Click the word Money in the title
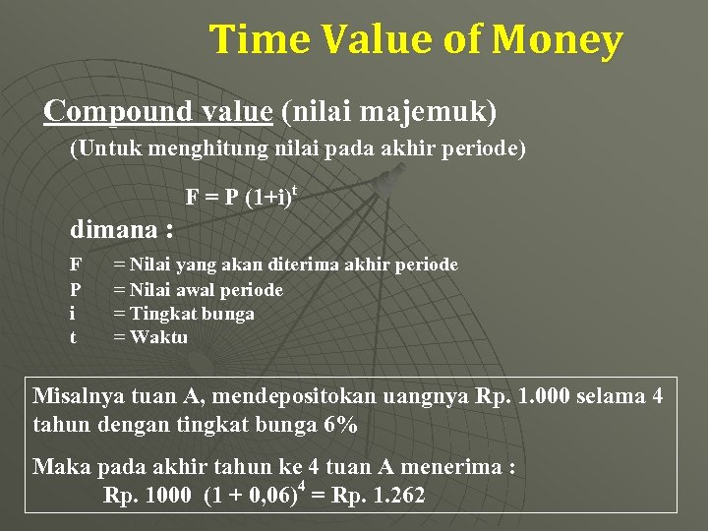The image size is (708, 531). click(558, 40)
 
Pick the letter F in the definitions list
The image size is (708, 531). click(75, 265)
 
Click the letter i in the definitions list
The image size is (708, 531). click(73, 314)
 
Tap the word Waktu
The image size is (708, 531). click(160, 338)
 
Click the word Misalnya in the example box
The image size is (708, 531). click(79, 397)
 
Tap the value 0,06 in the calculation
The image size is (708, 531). click(264, 496)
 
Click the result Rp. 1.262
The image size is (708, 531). click(379, 496)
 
